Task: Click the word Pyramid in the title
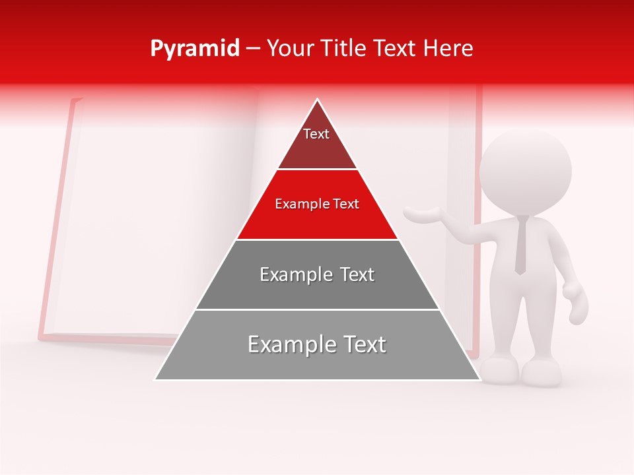[195, 48]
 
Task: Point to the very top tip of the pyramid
[318, 100]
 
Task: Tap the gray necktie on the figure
[521, 244]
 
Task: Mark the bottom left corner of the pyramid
[155, 379]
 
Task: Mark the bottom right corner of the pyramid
[479, 379]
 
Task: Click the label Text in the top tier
[316, 134]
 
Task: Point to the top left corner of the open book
[71, 100]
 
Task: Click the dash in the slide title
[253, 49]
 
